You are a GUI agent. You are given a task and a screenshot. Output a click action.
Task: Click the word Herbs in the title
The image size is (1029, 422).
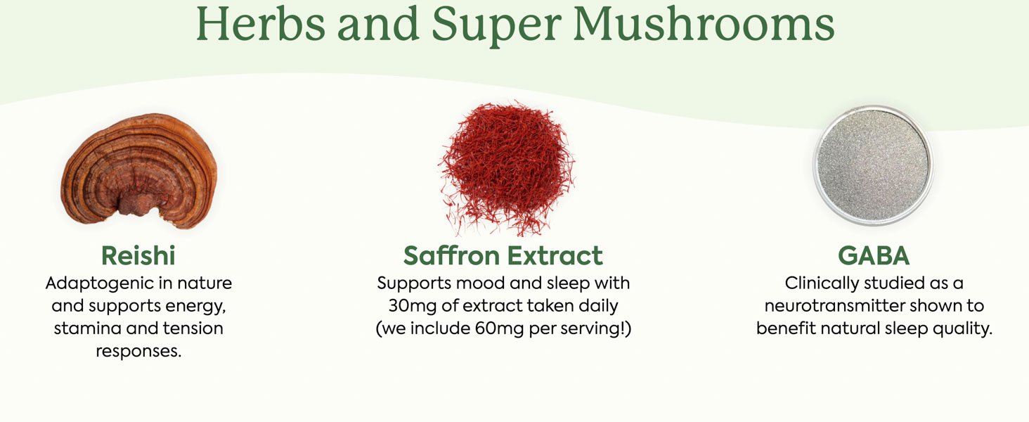click(261, 24)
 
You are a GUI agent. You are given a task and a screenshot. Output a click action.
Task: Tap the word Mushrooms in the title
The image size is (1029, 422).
click(704, 24)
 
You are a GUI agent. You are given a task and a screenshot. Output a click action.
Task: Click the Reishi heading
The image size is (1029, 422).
click(138, 255)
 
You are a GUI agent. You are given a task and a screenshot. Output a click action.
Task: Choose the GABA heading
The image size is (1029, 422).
click(874, 255)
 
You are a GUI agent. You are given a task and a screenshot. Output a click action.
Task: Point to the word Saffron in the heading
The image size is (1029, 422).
click(451, 255)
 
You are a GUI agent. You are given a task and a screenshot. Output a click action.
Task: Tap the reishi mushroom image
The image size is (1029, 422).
click(139, 171)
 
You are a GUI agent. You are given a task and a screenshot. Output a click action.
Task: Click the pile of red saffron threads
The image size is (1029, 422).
click(507, 168)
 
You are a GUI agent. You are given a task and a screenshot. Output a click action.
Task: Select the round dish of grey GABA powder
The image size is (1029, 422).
click(873, 165)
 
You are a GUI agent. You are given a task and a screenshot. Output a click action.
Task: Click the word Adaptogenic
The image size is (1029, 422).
click(100, 283)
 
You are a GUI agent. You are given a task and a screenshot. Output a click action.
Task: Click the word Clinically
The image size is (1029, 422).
click(822, 283)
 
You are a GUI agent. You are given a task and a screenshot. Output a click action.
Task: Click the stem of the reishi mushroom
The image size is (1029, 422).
click(135, 205)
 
